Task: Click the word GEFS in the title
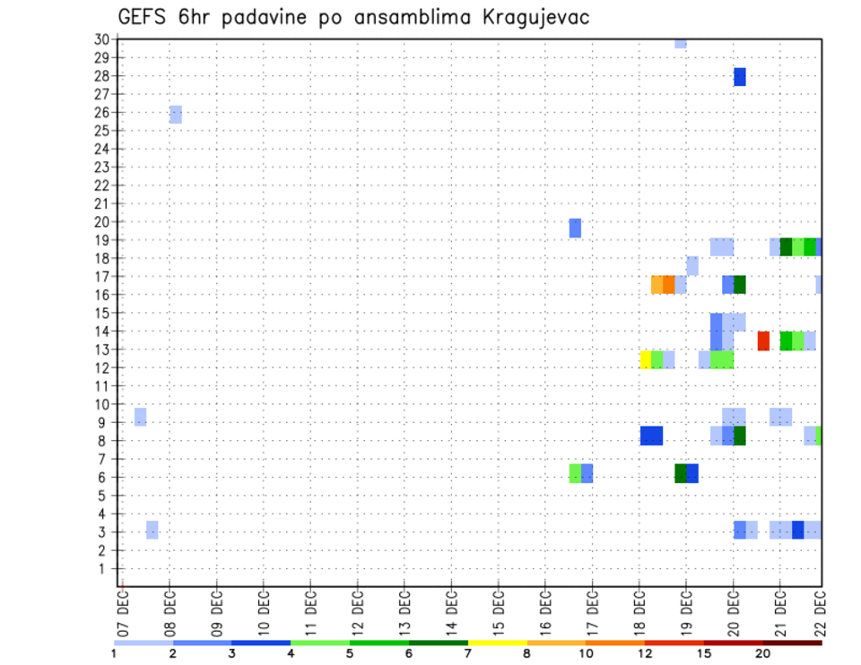pyautogui.click(x=143, y=18)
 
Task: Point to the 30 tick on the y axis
pyautogui.click(x=101, y=39)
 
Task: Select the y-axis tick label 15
pyautogui.click(x=101, y=313)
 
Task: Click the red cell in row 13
pyautogui.click(x=763, y=341)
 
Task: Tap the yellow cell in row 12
pyautogui.click(x=645, y=359)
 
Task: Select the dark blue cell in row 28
pyautogui.click(x=740, y=77)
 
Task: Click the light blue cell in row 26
pyautogui.click(x=176, y=114)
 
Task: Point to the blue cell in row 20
pyautogui.click(x=575, y=228)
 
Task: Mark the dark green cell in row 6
pyautogui.click(x=681, y=473)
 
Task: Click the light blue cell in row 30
pyautogui.click(x=681, y=42)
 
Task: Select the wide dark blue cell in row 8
pyautogui.click(x=652, y=436)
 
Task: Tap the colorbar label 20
pyautogui.click(x=763, y=653)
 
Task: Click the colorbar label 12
pyautogui.click(x=646, y=653)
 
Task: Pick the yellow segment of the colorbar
pyautogui.click(x=498, y=642)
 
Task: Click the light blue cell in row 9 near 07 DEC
pyautogui.click(x=141, y=417)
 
